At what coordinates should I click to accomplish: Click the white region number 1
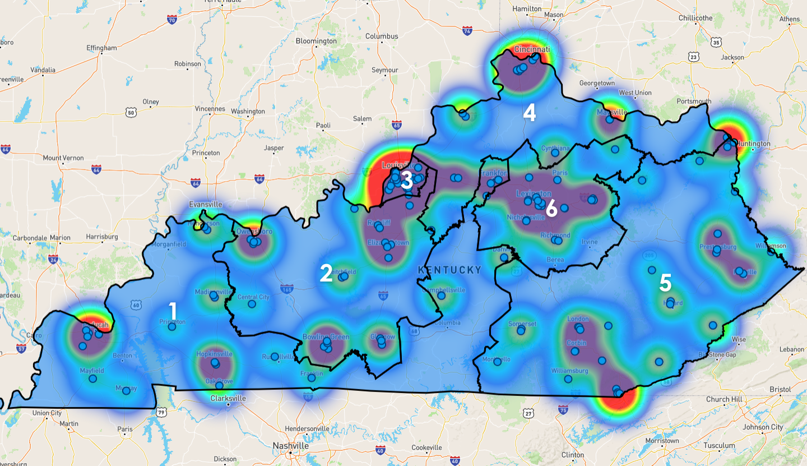(x=173, y=311)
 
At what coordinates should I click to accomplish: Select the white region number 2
(x=326, y=273)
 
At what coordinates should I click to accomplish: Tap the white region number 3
(x=407, y=181)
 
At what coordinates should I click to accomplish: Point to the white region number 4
(x=529, y=113)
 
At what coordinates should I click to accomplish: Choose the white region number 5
(x=665, y=283)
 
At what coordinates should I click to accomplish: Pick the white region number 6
(x=551, y=209)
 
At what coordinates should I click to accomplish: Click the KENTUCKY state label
(x=449, y=270)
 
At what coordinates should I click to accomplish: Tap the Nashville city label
(x=290, y=445)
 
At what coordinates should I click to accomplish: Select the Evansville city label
(x=206, y=205)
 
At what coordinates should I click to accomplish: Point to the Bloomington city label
(x=316, y=41)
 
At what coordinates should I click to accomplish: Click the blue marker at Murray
(x=127, y=390)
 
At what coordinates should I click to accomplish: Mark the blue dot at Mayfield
(x=93, y=379)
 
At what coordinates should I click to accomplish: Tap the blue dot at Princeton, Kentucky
(x=172, y=326)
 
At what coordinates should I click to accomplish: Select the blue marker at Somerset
(x=521, y=331)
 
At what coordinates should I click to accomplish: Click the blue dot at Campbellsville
(x=442, y=296)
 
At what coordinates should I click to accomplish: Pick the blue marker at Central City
(x=252, y=304)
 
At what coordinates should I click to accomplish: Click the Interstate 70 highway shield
(x=172, y=20)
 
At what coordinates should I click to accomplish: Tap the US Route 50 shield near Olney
(x=131, y=112)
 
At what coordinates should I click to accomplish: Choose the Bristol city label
(x=780, y=389)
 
